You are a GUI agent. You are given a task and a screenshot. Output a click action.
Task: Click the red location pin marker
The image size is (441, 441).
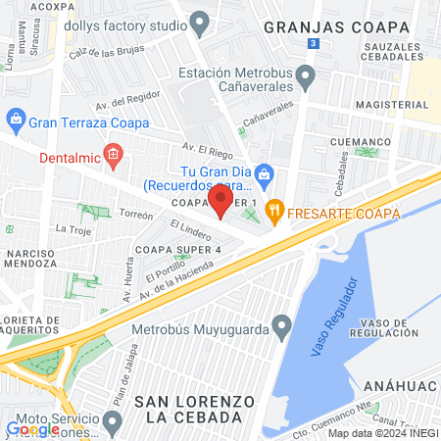(220, 201)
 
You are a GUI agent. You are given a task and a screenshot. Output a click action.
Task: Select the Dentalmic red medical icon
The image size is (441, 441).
(114, 154)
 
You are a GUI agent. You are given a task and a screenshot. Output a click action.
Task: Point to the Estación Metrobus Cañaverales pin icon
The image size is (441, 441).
(306, 74)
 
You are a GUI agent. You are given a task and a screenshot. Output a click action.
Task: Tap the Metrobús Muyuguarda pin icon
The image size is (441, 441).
(282, 323)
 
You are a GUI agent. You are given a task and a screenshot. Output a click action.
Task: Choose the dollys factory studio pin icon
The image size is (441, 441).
(200, 21)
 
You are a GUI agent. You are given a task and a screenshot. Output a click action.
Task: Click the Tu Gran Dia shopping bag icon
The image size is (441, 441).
(263, 173)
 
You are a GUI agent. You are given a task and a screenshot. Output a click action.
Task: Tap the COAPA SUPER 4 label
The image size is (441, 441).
(178, 249)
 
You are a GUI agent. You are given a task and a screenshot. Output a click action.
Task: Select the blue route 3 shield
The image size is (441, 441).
(312, 44)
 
